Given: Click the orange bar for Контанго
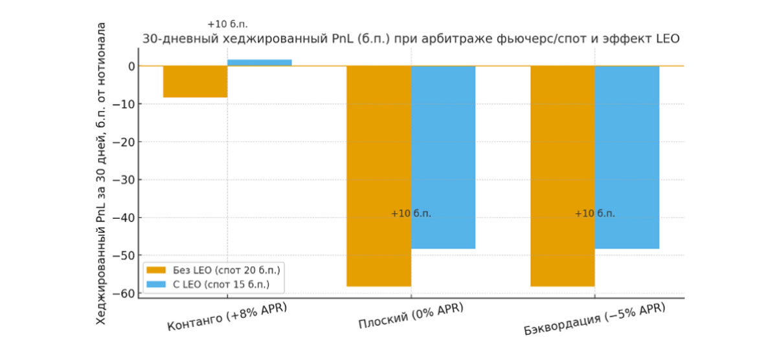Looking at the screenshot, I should [x=195, y=82].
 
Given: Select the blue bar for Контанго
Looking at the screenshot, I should [x=259, y=63].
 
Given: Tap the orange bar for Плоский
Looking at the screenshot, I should [x=379, y=175].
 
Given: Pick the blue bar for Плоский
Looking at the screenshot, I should [x=443, y=157].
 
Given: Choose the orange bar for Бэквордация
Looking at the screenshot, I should [x=562, y=175].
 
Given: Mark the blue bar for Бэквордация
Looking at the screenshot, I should [x=627, y=157].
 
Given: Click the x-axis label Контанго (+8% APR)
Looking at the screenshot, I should [x=227, y=315].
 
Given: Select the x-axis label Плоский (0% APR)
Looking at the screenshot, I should [x=411, y=315].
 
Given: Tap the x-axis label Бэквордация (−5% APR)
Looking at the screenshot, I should [x=594, y=319].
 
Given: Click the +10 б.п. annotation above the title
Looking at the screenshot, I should [x=227, y=24].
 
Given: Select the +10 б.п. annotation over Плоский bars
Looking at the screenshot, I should [x=411, y=214].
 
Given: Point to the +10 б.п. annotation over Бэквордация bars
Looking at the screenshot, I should [x=594, y=214].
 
